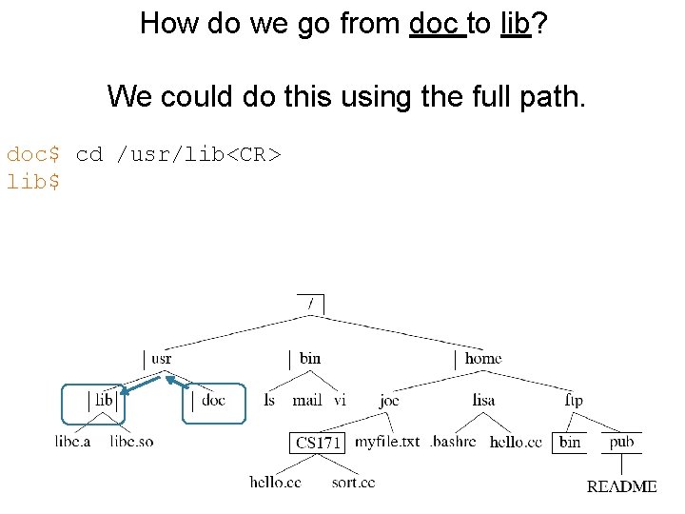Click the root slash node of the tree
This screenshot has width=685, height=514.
[310, 304]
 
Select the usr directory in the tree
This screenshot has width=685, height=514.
[162, 359]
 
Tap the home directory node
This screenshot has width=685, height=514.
[482, 359]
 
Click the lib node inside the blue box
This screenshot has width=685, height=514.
[104, 401]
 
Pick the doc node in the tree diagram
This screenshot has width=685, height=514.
[214, 401]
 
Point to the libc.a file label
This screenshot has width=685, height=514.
[72, 442]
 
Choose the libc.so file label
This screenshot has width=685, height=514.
[131, 442]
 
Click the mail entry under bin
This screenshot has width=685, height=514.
[307, 401]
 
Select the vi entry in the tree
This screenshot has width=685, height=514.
[340, 401]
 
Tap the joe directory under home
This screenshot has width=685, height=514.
[389, 401]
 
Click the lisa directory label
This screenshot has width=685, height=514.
[483, 401]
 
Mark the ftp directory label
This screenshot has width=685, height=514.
[574, 401]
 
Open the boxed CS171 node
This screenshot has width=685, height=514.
[318, 443]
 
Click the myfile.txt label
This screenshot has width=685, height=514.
[387, 442]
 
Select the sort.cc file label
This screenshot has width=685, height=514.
[353, 483]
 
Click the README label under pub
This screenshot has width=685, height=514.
[621, 486]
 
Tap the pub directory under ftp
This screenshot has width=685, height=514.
[621, 442]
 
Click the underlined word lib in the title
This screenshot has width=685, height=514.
[515, 23]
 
